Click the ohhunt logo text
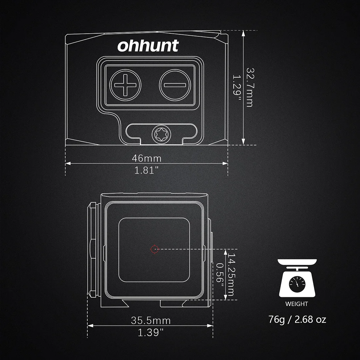[148, 46]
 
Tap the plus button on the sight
[126, 85]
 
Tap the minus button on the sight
[174, 85]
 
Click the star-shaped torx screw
[159, 134]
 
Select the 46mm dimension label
[147, 158]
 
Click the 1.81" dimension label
[147, 170]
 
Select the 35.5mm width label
[151, 321]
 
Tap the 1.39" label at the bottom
[151, 332]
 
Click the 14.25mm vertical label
[231, 274]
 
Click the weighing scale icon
[297, 278]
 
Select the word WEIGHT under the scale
[297, 304]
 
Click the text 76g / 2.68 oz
[297, 319]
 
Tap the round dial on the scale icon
[297, 283]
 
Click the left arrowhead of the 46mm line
[68, 163]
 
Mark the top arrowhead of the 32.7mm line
[244, 33]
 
